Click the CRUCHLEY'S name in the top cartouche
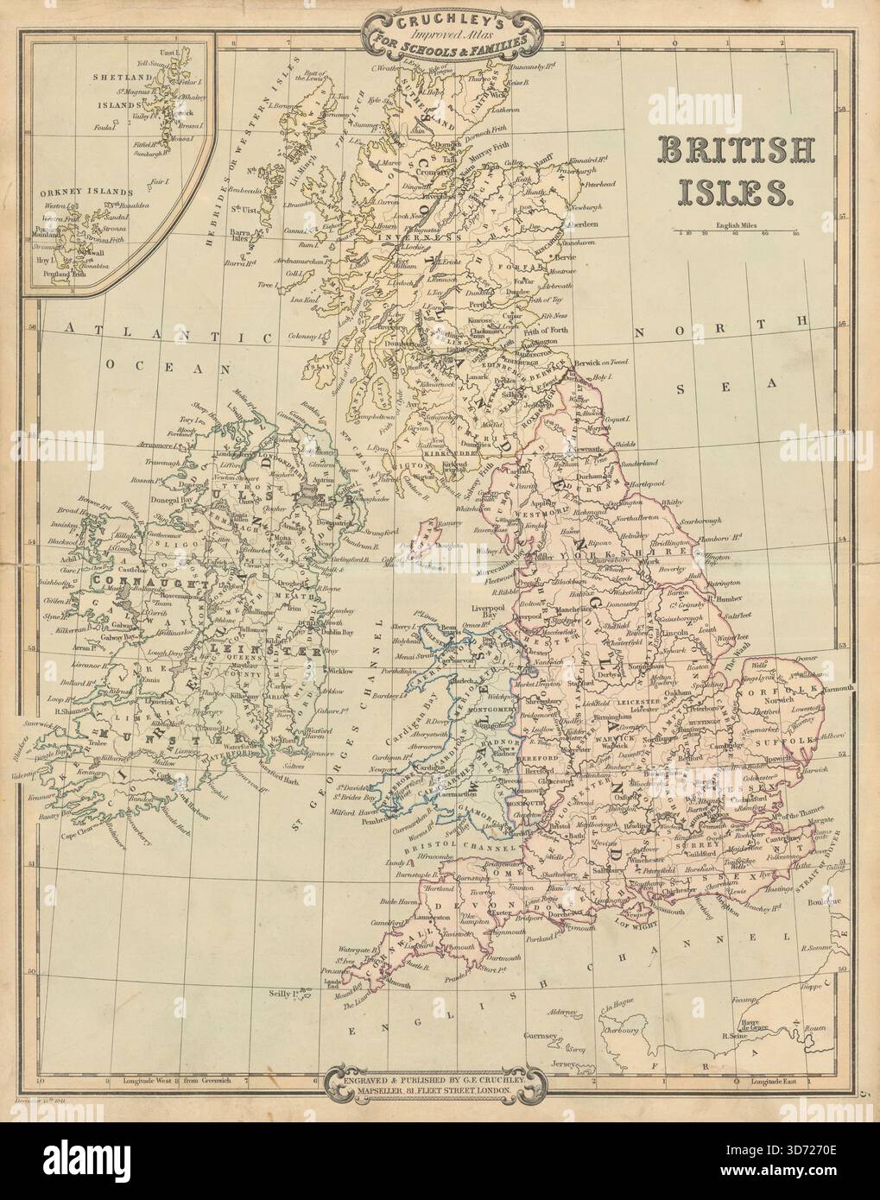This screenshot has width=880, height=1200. tap(439, 17)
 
